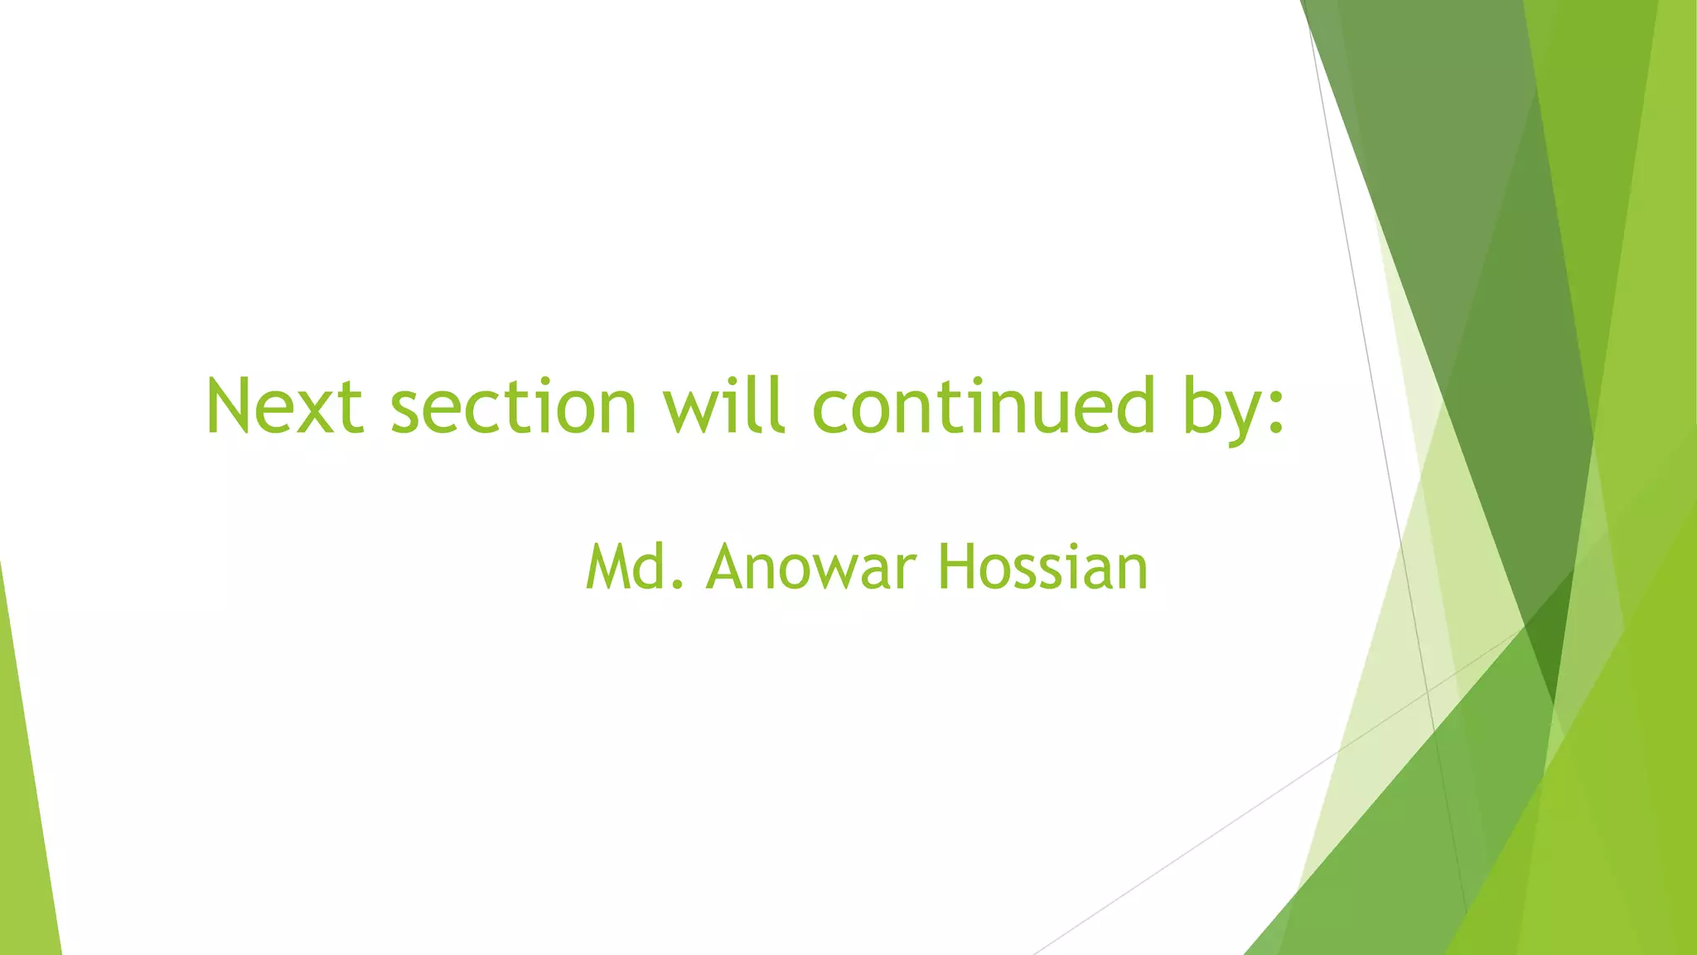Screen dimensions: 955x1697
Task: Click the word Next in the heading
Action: click(x=284, y=405)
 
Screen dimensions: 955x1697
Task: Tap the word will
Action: click(x=723, y=405)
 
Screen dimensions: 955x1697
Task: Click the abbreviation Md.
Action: click(x=635, y=567)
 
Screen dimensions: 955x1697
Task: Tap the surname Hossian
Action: click(x=1043, y=567)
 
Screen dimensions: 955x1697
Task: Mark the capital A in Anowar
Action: click(x=728, y=567)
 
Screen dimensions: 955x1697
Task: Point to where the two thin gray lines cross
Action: click(x=1427, y=691)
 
